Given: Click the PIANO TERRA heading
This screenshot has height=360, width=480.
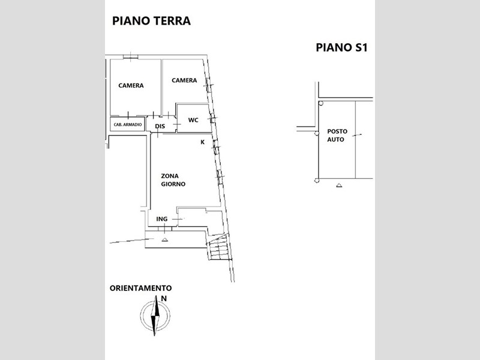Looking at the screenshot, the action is pyautogui.click(x=152, y=21).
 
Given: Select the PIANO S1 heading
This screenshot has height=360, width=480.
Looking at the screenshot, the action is pyautogui.click(x=341, y=47).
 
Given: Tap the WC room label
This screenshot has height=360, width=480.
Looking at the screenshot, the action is pyautogui.click(x=193, y=120).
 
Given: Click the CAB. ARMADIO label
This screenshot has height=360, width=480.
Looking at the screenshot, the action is pyautogui.click(x=128, y=125).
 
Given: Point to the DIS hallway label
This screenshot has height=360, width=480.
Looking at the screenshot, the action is pyautogui.click(x=160, y=126).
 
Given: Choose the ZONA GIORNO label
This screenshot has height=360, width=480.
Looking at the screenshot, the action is pyautogui.click(x=173, y=180).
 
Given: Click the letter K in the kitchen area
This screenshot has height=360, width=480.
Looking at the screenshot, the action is pyautogui.click(x=202, y=142).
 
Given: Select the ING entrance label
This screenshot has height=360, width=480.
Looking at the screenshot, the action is pyautogui.click(x=162, y=219).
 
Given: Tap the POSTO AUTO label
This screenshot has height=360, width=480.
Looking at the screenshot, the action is pyautogui.click(x=337, y=136).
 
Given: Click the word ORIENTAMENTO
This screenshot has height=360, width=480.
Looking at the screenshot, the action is pyautogui.click(x=141, y=288).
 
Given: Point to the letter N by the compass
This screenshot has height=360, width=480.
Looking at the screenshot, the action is pyautogui.click(x=164, y=298).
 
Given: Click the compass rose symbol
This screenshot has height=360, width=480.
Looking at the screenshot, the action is pyautogui.click(x=155, y=316).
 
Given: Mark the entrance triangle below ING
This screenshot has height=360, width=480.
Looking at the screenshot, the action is pyautogui.click(x=164, y=239).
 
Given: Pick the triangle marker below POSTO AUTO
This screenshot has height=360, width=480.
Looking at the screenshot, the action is pyautogui.click(x=339, y=185).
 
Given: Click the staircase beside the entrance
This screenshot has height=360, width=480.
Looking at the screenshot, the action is pyautogui.click(x=218, y=247).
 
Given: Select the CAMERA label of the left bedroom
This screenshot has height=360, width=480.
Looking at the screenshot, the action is pyautogui.click(x=131, y=85).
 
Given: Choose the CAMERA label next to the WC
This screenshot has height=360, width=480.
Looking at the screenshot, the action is pyautogui.click(x=184, y=80).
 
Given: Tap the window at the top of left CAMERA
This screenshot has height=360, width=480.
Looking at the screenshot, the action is pyautogui.click(x=131, y=57).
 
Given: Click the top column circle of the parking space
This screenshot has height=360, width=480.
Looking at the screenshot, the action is pyautogui.click(x=320, y=103).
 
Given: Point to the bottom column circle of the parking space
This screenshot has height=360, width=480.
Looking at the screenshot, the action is pyautogui.click(x=317, y=181).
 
